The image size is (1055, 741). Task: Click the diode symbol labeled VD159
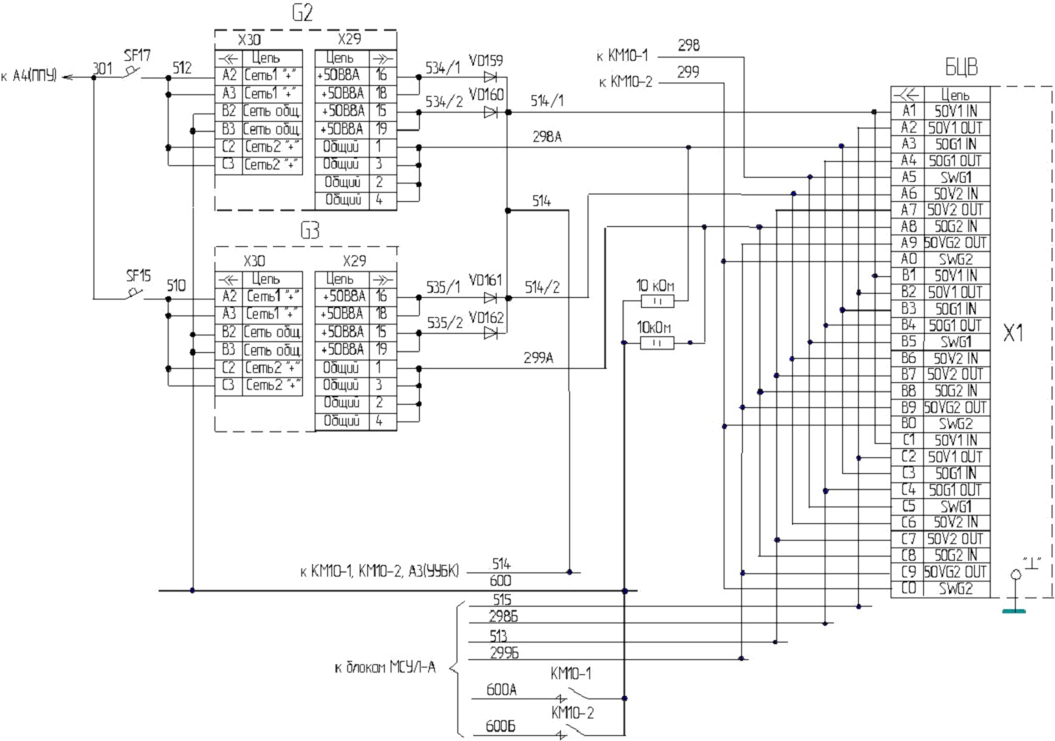[490, 77]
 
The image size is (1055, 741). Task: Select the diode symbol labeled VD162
[490, 333]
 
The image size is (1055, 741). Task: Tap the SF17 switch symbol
[131, 73]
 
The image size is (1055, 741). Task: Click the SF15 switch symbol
[134, 294]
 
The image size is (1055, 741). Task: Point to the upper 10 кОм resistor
[658, 301]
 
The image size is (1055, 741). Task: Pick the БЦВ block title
[962, 67]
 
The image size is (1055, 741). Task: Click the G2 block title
[302, 13]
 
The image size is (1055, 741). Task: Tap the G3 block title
[310, 230]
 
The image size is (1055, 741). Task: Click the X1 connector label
[1013, 333]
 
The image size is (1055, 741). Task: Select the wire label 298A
[547, 137]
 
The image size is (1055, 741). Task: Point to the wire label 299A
[538, 358]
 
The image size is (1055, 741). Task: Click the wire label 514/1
[547, 101]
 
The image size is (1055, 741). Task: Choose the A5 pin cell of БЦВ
[907, 177]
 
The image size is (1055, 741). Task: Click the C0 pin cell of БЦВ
[907, 588]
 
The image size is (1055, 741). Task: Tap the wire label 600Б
[500, 727]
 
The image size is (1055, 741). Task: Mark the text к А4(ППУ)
[29, 75]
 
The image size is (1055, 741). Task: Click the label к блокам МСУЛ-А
[386, 668]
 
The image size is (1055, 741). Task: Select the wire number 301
[102, 68]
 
